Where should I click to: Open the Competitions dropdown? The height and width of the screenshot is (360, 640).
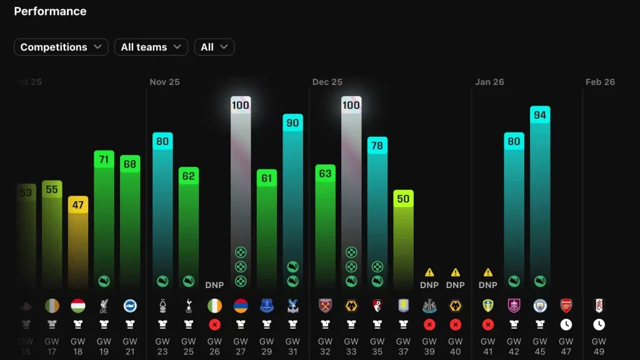[x=61, y=47]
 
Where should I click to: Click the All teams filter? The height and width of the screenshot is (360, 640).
[x=151, y=47]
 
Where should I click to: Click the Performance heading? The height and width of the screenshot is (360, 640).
[x=50, y=11]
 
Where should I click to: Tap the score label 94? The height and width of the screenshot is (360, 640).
[x=540, y=115]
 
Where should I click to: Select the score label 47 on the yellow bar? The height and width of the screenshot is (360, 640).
[x=78, y=205]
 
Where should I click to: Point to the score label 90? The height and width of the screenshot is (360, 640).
[x=292, y=123]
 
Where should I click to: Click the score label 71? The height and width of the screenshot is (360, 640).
[x=104, y=159]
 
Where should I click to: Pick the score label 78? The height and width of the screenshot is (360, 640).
[x=377, y=146]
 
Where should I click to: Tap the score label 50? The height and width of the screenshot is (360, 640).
[x=403, y=199]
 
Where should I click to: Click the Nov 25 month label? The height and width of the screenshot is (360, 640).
[x=164, y=82]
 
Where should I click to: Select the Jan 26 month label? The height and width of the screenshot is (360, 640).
[x=489, y=82]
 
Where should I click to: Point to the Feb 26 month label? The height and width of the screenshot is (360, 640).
[x=600, y=82]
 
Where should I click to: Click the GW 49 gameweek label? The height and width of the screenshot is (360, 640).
[x=599, y=346]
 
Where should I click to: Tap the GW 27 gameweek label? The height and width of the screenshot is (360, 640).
[x=241, y=346]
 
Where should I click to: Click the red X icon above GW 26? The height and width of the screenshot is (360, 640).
[x=214, y=324]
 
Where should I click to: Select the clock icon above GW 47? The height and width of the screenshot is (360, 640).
[x=566, y=324]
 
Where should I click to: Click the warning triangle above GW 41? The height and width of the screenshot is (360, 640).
[x=488, y=272]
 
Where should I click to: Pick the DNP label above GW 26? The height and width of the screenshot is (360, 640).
[x=214, y=285]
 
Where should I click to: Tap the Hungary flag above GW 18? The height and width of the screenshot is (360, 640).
[x=78, y=306]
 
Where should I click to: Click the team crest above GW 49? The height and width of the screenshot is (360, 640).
[x=599, y=306]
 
